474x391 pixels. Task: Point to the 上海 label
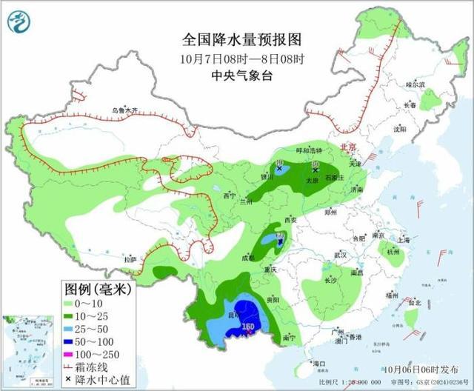403,240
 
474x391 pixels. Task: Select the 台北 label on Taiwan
415,303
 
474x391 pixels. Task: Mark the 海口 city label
319,364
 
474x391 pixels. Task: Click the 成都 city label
247,257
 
